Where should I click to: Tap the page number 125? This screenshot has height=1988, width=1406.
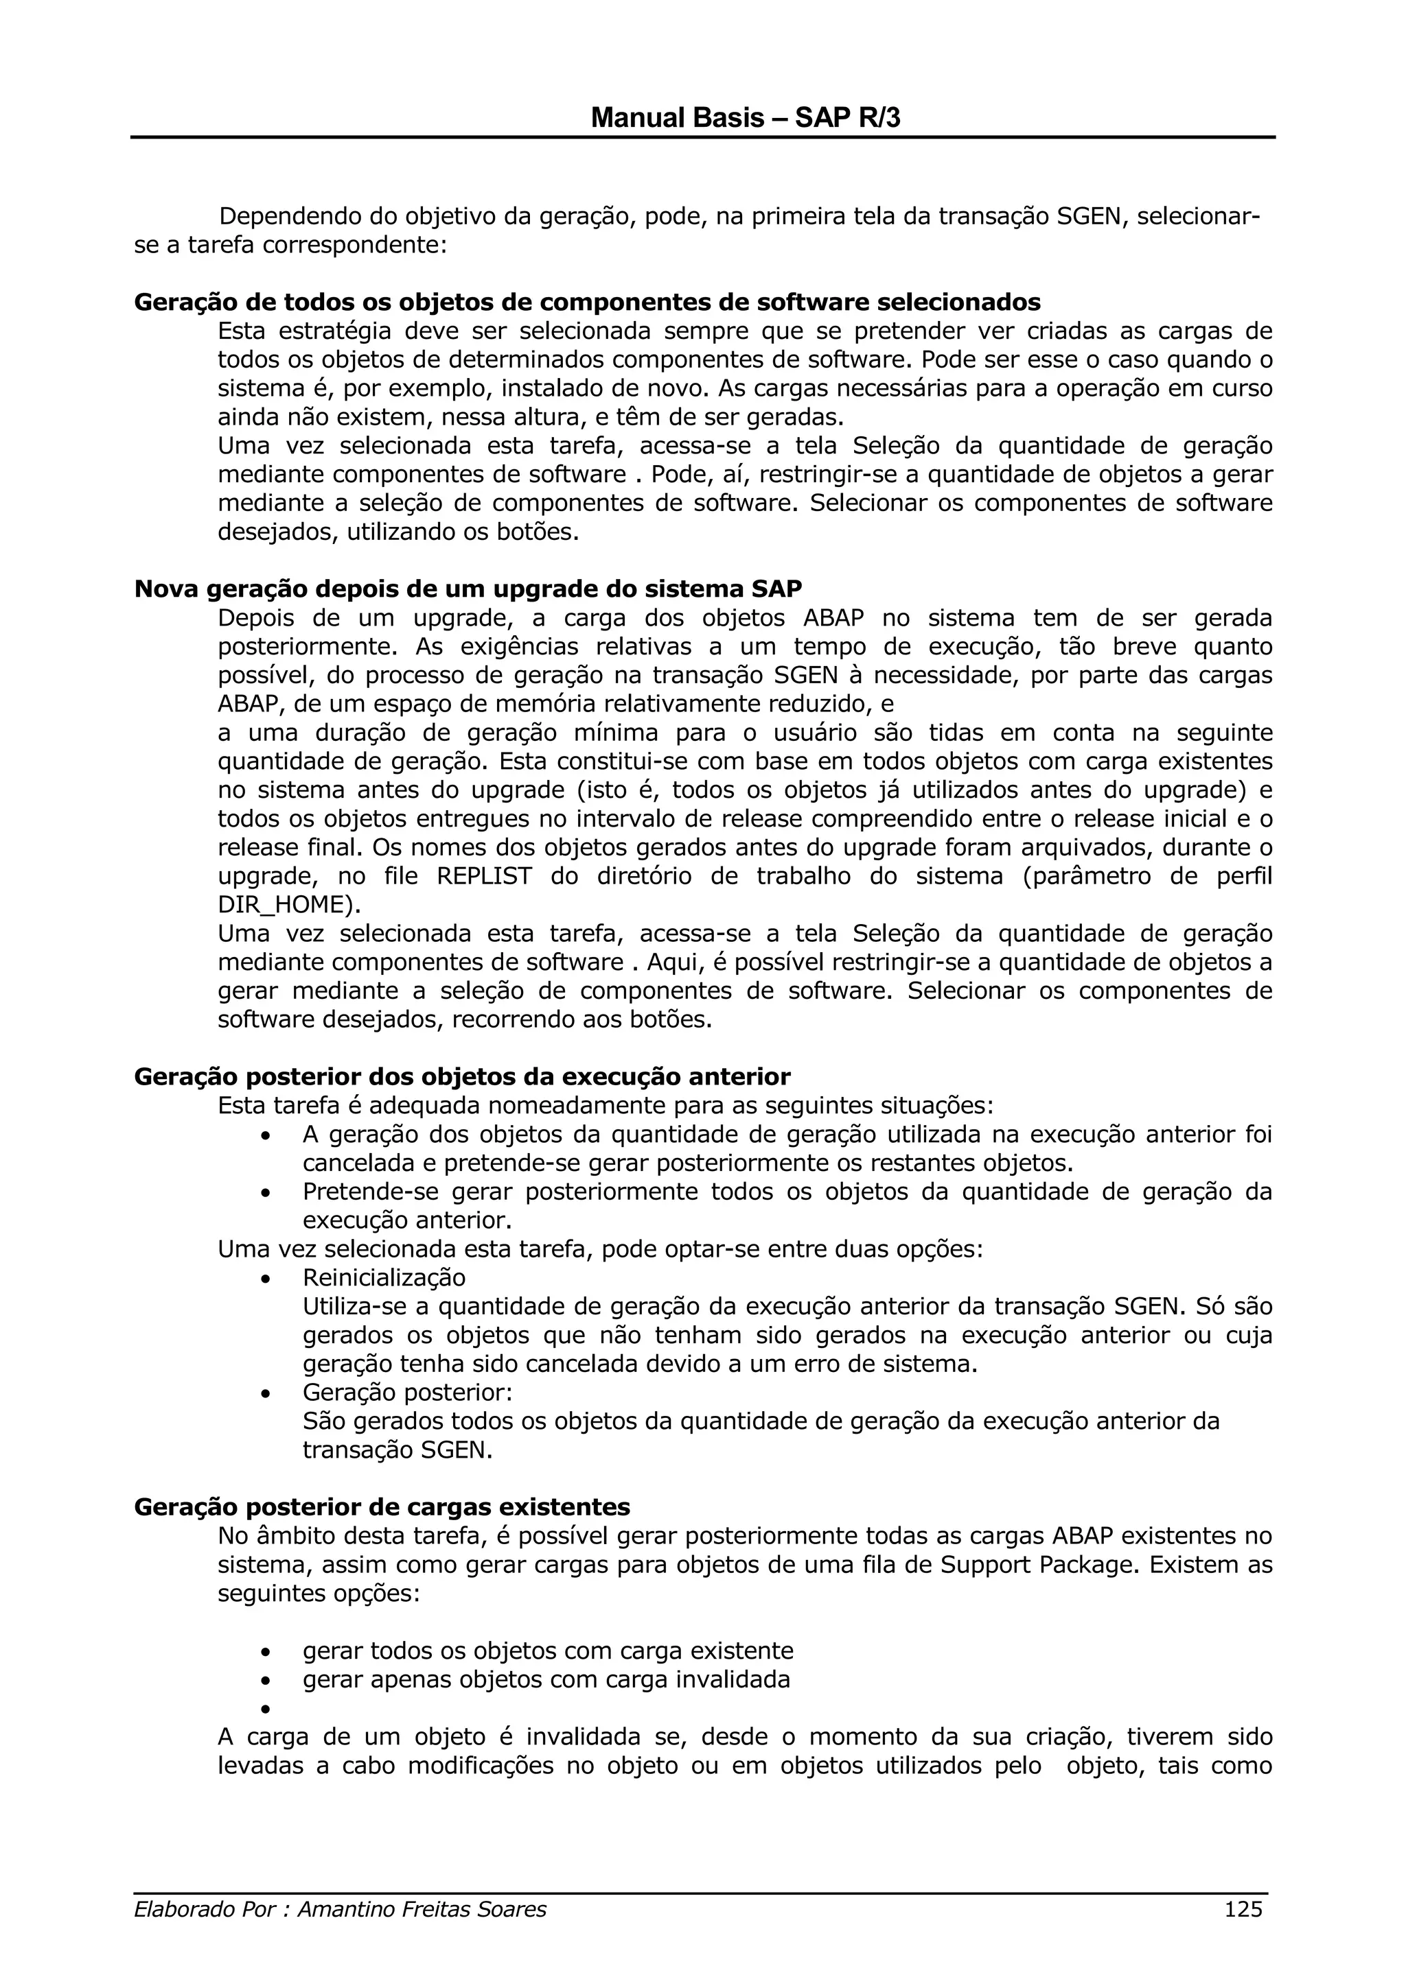click(1243, 1932)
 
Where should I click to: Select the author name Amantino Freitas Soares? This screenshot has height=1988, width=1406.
click(422, 1932)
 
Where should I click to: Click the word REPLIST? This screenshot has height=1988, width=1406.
click(484, 875)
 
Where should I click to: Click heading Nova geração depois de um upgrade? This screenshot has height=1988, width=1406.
click(468, 588)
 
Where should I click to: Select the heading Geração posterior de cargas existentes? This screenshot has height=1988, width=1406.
click(382, 1506)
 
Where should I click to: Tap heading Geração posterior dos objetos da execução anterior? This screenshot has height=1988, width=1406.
click(462, 1076)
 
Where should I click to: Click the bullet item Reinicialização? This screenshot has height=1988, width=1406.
click(384, 1277)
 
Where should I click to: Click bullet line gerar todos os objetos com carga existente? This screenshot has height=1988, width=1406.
click(547, 1650)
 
